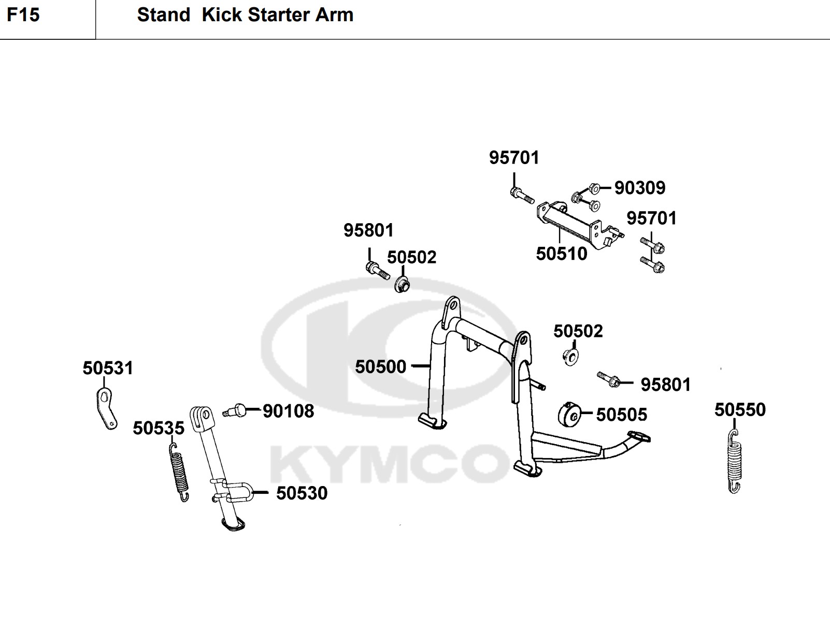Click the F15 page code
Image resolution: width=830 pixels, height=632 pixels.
[x=23, y=15]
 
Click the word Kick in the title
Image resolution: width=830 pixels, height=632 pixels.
[x=222, y=15]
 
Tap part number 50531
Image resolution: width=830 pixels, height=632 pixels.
[x=108, y=369]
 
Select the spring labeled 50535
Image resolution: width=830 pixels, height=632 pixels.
[x=179, y=471]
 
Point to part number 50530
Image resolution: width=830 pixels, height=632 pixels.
[x=302, y=493]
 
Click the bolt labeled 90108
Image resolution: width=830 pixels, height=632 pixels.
[x=234, y=411]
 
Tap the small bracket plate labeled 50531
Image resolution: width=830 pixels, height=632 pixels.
[x=107, y=409]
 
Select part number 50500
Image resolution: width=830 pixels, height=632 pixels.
[x=380, y=367]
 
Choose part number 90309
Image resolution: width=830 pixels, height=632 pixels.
[x=639, y=188]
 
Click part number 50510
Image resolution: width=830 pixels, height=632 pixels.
[x=561, y=254]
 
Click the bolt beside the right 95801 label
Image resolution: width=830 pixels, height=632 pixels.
[x=608, y=380]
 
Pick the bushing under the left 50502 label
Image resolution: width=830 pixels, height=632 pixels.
[x=402, y=285]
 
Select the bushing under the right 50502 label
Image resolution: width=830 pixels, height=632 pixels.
[x=570, y=357]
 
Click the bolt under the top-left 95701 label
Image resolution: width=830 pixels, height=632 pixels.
[x=521, y=196]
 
